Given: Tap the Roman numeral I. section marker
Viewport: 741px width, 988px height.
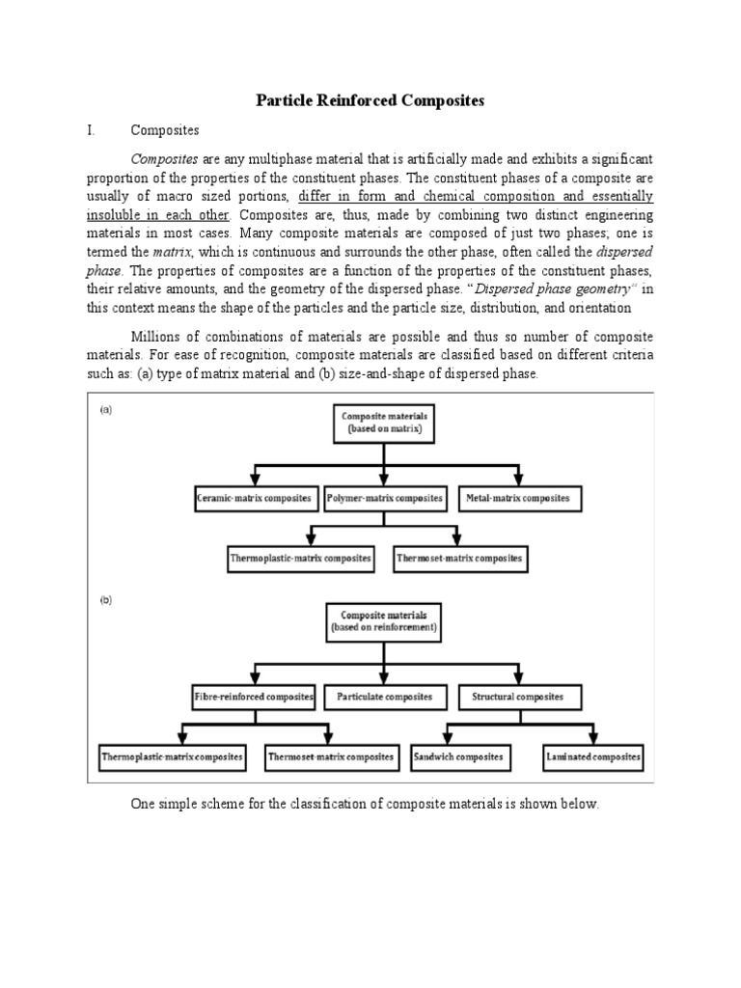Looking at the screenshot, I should point(90,129).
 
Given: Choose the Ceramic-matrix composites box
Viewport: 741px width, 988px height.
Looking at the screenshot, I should point(254,499).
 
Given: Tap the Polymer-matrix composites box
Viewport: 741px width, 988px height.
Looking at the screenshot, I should point(384,499).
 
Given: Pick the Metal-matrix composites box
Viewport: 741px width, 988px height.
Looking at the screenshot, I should point(520,499).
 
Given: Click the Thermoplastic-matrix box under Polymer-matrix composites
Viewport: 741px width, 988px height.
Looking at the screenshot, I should point(300,559).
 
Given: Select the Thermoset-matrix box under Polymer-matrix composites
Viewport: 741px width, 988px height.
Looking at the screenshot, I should point(460,559).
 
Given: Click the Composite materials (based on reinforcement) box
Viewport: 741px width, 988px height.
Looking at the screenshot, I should point(384,619).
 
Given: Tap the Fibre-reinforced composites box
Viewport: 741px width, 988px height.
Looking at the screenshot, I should point(253,697).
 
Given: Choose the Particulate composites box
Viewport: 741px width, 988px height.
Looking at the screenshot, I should point(385,697).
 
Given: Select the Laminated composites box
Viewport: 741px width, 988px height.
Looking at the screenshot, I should point(592,757).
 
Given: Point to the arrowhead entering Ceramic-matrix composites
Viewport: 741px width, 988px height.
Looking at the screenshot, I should point(254,480).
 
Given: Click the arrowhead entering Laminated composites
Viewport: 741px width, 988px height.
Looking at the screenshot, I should point(593,739).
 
